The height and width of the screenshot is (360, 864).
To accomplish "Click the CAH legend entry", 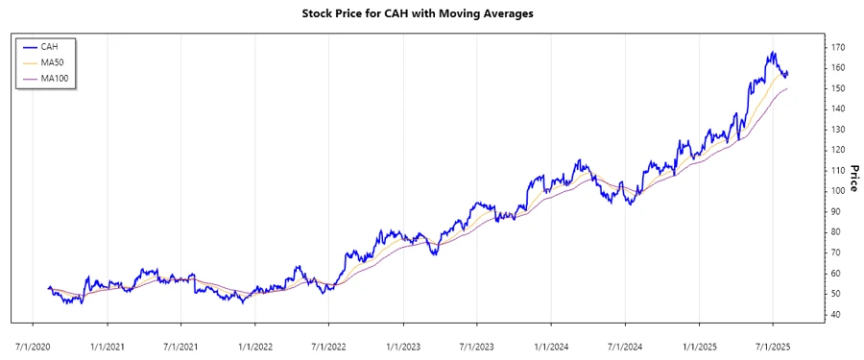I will (50, 46).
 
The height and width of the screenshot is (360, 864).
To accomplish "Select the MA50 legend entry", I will (52, 61).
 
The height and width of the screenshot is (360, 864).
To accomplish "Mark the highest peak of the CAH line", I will (772, 52).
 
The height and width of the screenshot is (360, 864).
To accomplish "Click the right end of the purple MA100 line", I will (787, 88).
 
